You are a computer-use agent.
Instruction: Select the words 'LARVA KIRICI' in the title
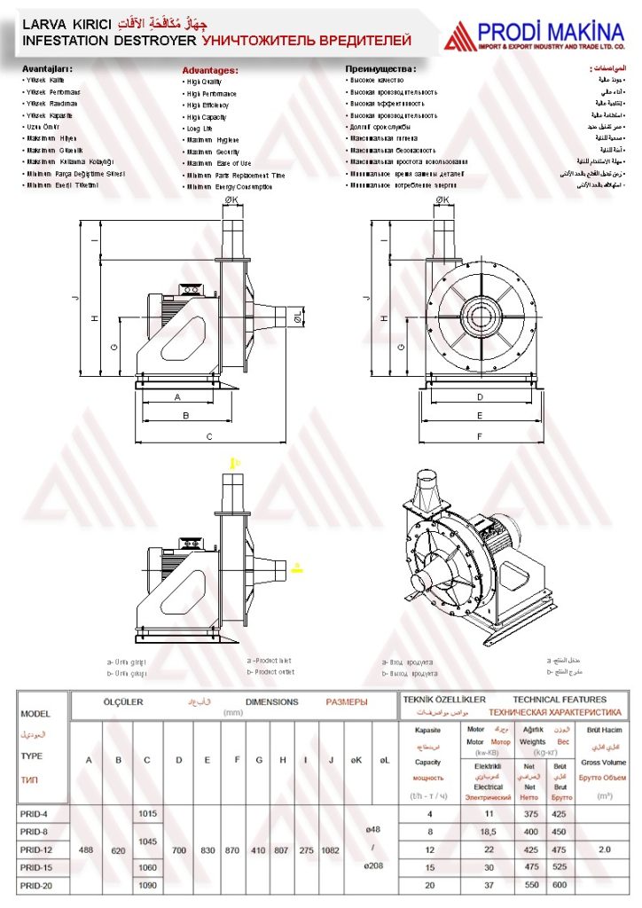tap(54, 24)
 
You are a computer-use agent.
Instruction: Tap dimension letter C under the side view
tap(209, 435)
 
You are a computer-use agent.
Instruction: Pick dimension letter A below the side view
tap(177, 397)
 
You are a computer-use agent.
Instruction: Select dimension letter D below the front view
tap(480, 397)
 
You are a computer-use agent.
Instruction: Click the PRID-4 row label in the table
tap(34, 813)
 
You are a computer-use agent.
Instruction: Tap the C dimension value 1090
tap(147, 885)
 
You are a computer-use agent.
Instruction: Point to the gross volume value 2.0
tap(605, 849)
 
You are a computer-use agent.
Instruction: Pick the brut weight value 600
tap(560, 885)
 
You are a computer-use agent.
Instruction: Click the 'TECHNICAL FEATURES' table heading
tap(560, 700)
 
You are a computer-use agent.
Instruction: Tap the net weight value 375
tap(530, 813)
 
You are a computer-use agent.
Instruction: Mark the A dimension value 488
tap(87, 849)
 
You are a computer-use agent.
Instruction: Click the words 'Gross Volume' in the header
tap(603, 763)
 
